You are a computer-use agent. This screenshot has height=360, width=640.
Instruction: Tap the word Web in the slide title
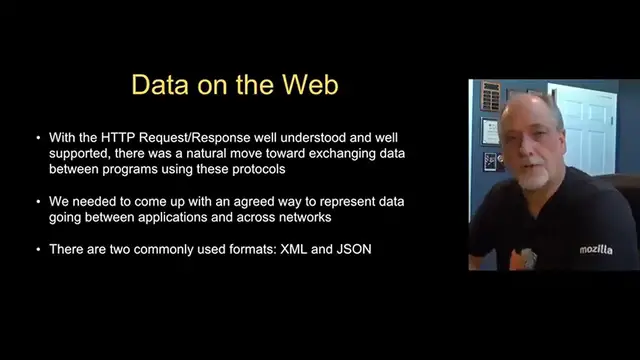pyautogui.click(x=310, y=84)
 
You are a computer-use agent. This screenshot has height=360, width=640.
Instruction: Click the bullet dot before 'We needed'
pyautogui.click(x=38, y=202)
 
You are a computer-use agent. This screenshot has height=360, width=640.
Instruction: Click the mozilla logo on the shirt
pyautogui.click(x=595, y=249)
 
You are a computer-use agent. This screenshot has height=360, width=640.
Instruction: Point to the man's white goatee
pyautogui.click(x=533, y=178)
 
